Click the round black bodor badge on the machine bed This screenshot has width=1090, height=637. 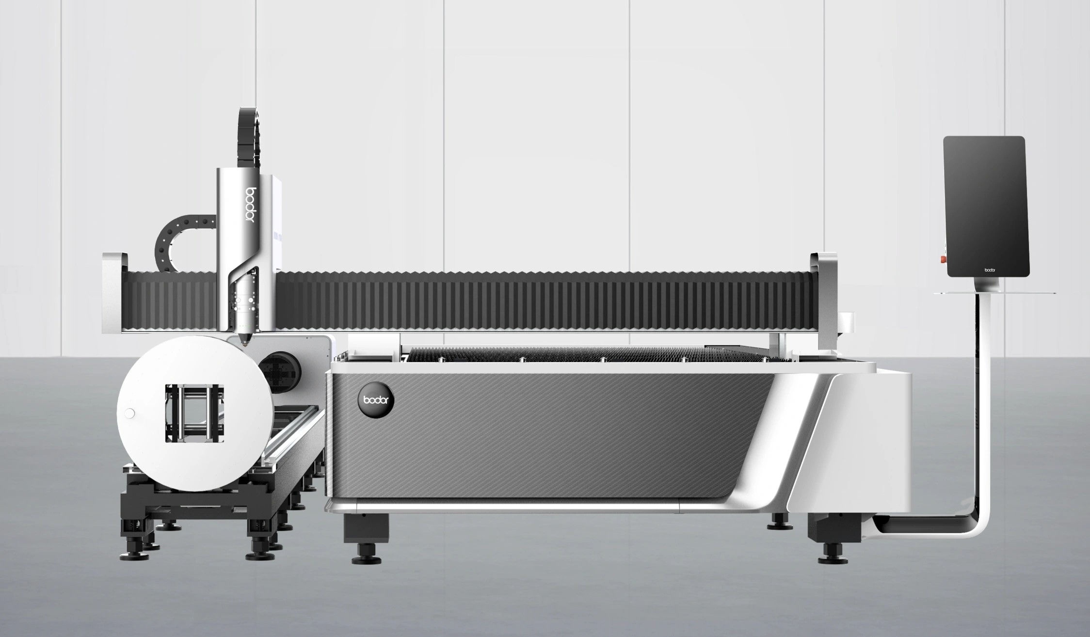pos(376,399)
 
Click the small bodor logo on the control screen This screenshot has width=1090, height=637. pos(990,270)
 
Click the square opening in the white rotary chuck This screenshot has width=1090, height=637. pos(194,413)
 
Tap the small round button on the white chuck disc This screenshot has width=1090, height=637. pos(129,414)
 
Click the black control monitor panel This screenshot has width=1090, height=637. pos(986,207)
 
